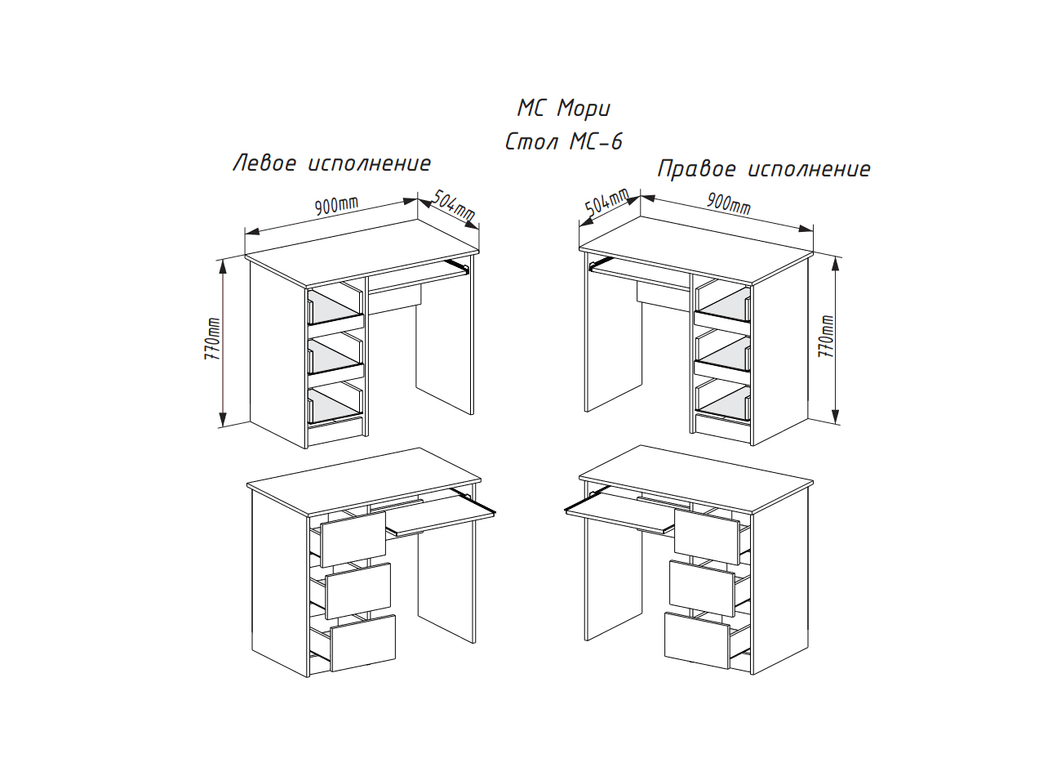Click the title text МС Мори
tap(563, 109)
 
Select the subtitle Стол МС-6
tap(563, 142)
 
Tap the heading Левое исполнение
tap(331, 163)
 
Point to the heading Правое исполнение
tap(764, 169)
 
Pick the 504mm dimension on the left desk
tap(452, 206)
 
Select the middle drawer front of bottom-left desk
tap(358, 590)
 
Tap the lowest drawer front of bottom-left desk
tap(363, 643)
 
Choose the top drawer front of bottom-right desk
tap(706, 532)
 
